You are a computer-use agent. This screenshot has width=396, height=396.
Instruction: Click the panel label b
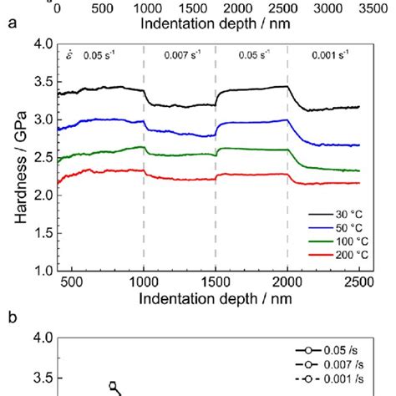pos(11,317)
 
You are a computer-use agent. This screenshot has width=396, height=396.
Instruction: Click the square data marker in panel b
pos(113,386)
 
